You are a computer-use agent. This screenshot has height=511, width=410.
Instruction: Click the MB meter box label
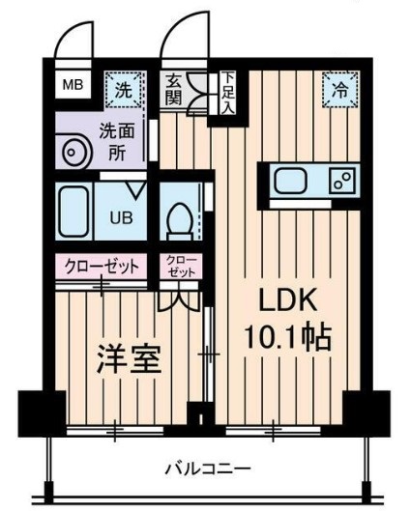point(73,85)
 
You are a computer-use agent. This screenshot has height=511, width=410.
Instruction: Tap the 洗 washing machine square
point(123,90)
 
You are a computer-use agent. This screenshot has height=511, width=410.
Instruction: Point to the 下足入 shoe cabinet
point(226,92)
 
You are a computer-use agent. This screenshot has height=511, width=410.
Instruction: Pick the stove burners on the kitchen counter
point(341,181)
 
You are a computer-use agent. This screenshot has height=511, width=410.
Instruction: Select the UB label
point(121,215)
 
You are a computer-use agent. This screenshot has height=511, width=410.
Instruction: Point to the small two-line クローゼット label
point(181,267)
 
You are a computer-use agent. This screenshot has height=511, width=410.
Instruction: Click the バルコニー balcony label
point(207,469)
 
